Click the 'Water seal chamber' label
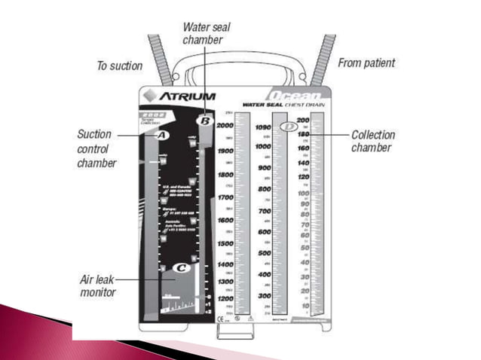point(206,33)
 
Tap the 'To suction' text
point(119,66)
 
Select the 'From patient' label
point(366,64)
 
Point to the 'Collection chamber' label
point(373,141)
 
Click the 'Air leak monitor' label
point(98,285)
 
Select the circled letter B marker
point(204,120)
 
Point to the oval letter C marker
point(181,267)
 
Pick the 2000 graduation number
point(224,127)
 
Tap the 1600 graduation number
point(224,220)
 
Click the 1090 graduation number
point(262,127)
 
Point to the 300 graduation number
point(264,296)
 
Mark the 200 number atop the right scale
point(302,121)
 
